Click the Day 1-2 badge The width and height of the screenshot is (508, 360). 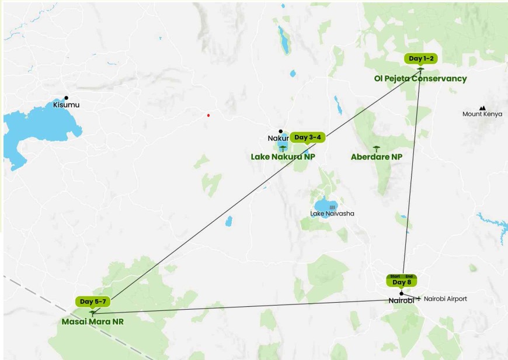point(420,58)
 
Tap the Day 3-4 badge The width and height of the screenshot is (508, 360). point(307,137)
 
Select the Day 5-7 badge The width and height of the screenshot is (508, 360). point(93,302)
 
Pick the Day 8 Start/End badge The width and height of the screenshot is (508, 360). point(402,281)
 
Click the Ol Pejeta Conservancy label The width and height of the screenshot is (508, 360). point(420,78)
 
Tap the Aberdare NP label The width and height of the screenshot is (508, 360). point(376,157)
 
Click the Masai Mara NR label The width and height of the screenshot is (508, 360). point(92,321)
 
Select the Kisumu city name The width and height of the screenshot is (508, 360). point(66,105)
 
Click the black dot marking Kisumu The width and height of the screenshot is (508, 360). point(66,98)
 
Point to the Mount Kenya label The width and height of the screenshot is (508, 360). point(482,114)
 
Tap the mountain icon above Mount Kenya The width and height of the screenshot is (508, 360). point(482,108)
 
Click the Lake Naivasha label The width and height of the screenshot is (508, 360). point(332,214)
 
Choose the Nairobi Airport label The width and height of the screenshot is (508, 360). point(446,299)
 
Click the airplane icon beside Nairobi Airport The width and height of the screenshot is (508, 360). point(418,298)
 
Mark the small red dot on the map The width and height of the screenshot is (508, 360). point(208,115)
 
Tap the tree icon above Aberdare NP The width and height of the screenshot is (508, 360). point(376,148)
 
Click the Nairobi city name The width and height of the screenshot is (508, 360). point(401,300)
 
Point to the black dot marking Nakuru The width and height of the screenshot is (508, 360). point(280,131)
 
